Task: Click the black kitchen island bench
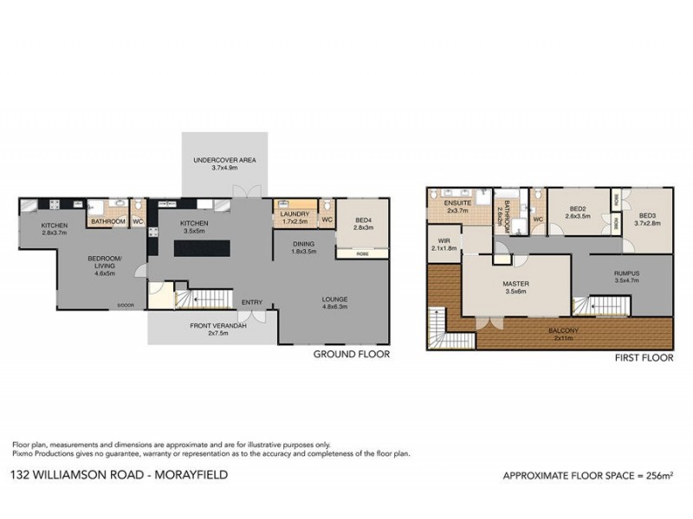coord(202,248)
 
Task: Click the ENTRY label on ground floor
coord(252,302)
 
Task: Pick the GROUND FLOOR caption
coord(350,355)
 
